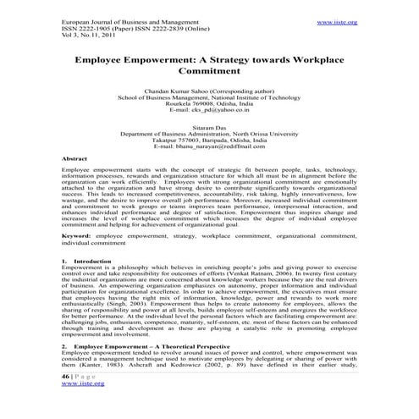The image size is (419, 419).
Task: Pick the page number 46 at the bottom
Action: click(x=68, y=399)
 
